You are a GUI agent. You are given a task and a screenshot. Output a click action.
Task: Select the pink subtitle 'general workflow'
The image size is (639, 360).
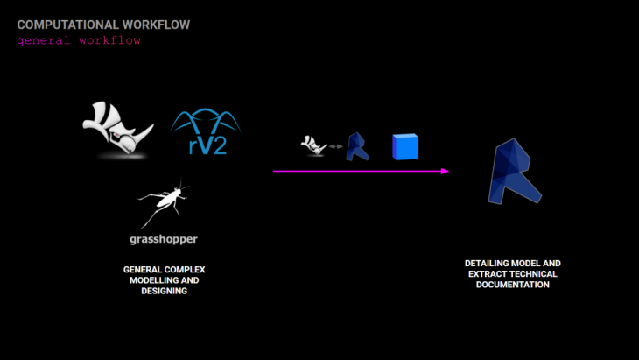click(79, 40)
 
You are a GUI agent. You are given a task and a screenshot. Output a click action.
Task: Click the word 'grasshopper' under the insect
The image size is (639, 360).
click(164, 239)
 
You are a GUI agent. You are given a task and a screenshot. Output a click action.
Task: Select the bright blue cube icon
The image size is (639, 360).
click(405, 146)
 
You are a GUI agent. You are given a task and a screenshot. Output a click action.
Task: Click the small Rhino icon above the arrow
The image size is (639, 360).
click(312, 145)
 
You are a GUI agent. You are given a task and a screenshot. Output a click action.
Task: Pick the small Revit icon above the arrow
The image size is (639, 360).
click(357, 146)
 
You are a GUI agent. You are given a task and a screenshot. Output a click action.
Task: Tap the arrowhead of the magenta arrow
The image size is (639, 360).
click(445, 171)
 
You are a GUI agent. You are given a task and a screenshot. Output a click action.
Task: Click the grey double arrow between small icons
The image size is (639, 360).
click(334, 146)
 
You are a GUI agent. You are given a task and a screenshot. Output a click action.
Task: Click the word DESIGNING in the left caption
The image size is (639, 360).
click(164, 291)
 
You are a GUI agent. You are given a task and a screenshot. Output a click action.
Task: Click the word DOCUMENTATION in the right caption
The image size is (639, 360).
click(512, 285)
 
